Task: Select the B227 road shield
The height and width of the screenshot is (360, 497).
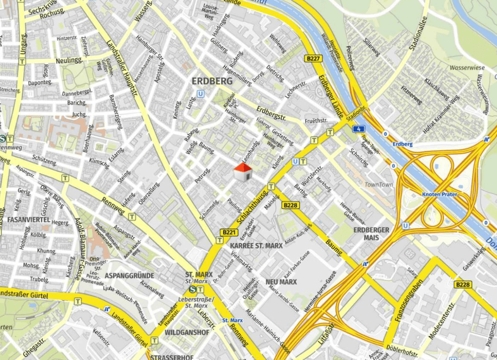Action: point(314,58)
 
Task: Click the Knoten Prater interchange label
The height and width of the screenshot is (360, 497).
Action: point(439,194)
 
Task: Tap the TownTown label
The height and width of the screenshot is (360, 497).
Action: point(379,185)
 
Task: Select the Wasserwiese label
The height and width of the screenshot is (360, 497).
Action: point(467,68)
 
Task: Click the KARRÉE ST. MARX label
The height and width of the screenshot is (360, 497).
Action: point(256,246)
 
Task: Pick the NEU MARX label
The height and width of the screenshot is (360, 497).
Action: point(281,282)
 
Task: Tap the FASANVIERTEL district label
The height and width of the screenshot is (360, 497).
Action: point(29,219)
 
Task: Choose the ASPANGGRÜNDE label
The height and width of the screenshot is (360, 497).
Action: point(129,276)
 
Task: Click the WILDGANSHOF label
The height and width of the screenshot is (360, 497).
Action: point(187,332)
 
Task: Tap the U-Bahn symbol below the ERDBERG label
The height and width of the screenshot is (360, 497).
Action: point(200,93)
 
